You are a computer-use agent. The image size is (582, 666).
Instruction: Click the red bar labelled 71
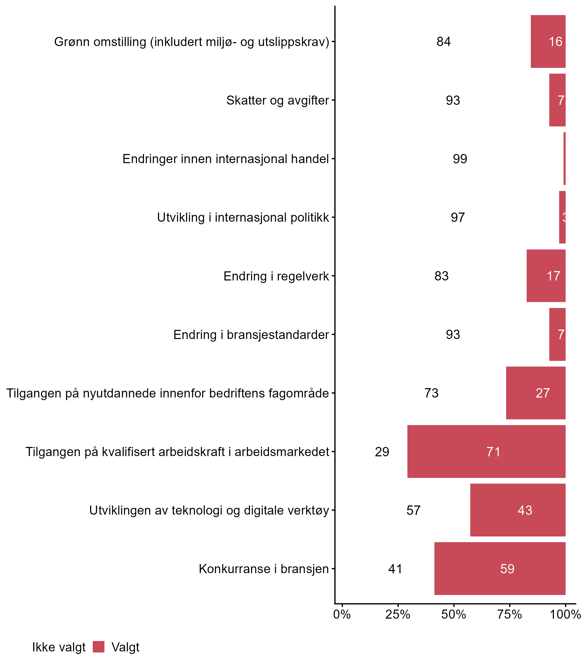pyautogui.click(x=486, y=451)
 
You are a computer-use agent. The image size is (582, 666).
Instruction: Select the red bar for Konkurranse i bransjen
pyautogui.click(x=500, y=568)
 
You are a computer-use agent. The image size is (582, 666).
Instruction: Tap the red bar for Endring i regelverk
pyautogui.click(x=546, y=276)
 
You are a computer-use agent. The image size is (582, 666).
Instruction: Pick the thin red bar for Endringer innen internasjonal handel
pyautogui.click(x=564, y=159)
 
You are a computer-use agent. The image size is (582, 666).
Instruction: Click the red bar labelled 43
pyautogui.click(x=518, y=510)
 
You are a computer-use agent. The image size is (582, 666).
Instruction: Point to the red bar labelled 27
pyautogui.click(x=535, y=393)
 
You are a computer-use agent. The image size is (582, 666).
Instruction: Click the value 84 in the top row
pyautogui.click(x=444, y=42)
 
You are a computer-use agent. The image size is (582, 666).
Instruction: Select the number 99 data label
pyautogui.click(x=460, y=159)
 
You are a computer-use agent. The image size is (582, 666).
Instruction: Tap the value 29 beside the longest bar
pyautogui.click(x=382, y=452)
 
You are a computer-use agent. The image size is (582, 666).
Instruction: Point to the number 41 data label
pyautogui.click(x=395, y=569)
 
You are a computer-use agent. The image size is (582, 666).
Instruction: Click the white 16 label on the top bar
pyautogui.click(x=555, y=42)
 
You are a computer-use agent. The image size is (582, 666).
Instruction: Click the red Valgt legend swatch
pyautogui.click(x=98, y=646)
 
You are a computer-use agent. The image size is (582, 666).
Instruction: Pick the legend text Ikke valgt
pyautogui.click(x=59, y=647)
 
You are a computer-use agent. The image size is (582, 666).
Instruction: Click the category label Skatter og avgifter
pyautogui.click(x=278, y=100)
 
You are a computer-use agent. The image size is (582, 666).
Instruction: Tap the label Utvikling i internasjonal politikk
pyautogui.click(x=243, y=217)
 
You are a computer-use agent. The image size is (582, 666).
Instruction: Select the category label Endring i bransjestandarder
pyautogui.click(x=251, y=334)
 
